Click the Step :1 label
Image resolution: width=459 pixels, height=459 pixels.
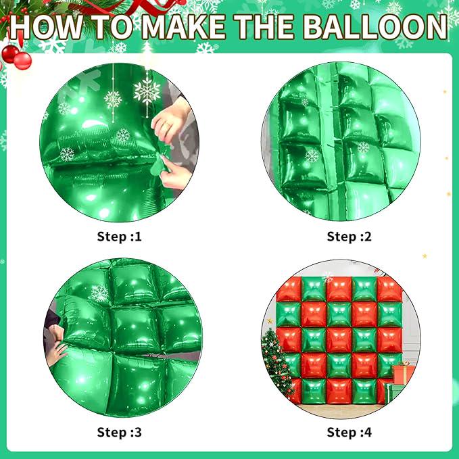pyautogui.click(x=119, y=237)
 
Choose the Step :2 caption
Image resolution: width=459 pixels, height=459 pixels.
pyautogui.click(x=349, y=237)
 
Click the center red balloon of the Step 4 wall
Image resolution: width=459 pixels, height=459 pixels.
pyautogui.click(x=339, y=340)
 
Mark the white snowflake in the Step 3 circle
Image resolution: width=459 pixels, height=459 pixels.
pyautogui.click(x=99, y=293)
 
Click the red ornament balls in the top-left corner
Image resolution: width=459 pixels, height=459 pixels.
pyautogui.click(x=17, y=57)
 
